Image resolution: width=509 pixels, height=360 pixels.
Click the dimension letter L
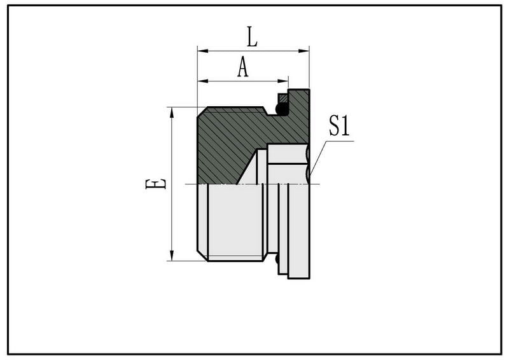pyautogui.click(x=252, y=37)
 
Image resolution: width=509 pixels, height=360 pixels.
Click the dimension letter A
pyautogui.click(x=242, y=67)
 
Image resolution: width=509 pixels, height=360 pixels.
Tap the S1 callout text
pyautogui.click(x=339, y=127)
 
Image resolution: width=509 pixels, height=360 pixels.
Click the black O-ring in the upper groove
pyautogui.click(x=280, y=111)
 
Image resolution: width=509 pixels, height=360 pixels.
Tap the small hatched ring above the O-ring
pyautogui.click(x=282, y=98)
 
